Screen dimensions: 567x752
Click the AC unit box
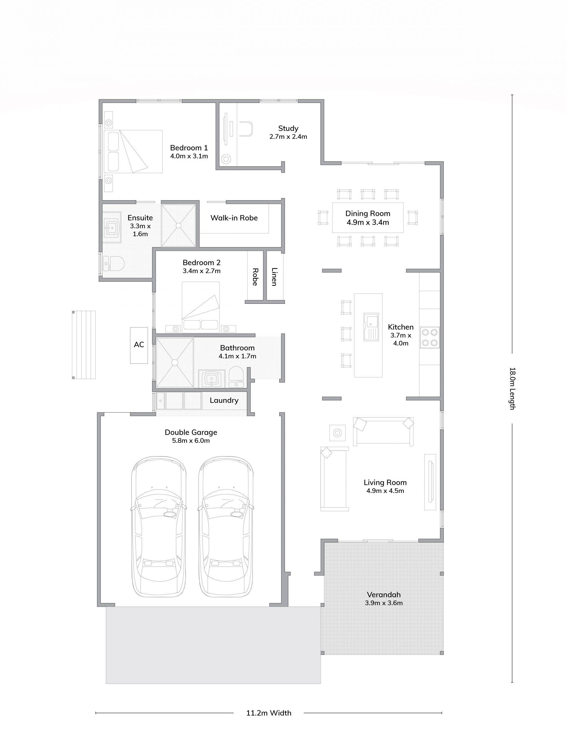[x=139, y=345]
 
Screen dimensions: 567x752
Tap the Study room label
[x=288, y=128]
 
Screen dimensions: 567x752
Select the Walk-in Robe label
[x=234, y=218]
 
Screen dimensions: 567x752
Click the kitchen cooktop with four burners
[x=429, y=337]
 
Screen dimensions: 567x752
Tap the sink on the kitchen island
[x=371, y=327]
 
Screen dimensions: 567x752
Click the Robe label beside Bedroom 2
[x=255, y=277]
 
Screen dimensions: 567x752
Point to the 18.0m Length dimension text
[x=512, y=388]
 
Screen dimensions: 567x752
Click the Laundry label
[x=224, y=400]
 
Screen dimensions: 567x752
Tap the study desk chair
[x=246, y=129]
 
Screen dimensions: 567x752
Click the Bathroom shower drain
[x=176, y=363]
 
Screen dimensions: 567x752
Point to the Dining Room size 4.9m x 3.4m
[x=368, y=222]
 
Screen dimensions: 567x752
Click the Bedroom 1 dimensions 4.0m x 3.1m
[x=189, y=156]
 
